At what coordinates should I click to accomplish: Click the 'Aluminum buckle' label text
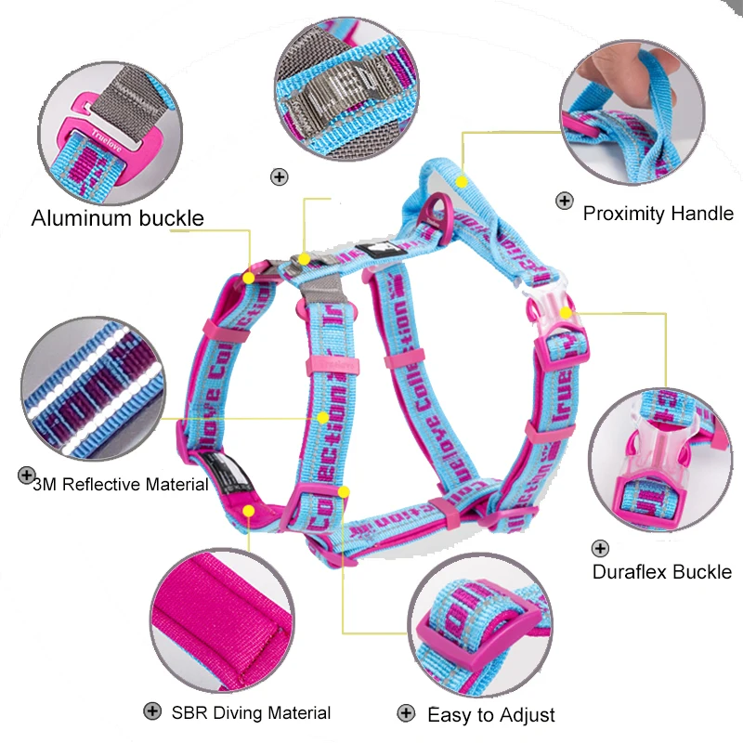(x=117, y=219)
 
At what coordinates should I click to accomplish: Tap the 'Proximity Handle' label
(x=658, y=214)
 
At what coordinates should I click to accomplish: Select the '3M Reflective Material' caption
(x=120, y=484)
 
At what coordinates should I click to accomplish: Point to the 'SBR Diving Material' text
(x=251, y=713)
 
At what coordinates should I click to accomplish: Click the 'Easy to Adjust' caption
(x=490, y=715)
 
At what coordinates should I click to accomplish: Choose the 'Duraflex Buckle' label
(x=661, y=572)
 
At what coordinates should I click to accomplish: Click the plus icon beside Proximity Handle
(x=564, y=200)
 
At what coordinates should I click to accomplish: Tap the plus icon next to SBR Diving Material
(x=151, y=711)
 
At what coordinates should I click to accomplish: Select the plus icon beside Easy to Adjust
(x=405, y=713)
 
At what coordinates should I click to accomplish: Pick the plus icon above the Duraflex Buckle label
(x=601, y=549)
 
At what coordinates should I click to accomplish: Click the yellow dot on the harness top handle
(x=461, y=182)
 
